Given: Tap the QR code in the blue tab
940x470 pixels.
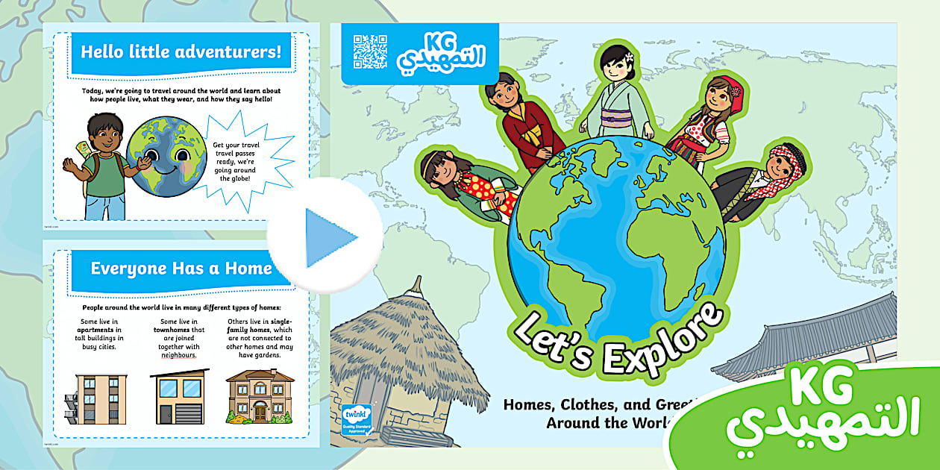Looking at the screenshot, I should pyautogui.click(x=370, y=51).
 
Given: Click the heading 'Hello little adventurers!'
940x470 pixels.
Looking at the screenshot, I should pyautogui.click(x=181, y=52).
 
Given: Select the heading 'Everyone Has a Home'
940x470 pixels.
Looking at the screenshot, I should pyautogui.click(x=181, y=269).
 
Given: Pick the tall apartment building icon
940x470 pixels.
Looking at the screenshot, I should pyautogui.click(x=95, y=398).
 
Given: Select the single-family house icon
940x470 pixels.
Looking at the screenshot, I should pyautogui.click(x=260, y=395).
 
